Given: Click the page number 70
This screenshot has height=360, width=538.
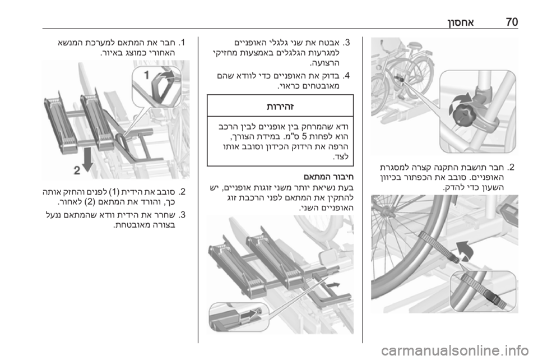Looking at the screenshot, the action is [x=512, y=22].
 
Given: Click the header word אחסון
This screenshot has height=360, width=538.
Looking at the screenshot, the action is [x=461, y=22].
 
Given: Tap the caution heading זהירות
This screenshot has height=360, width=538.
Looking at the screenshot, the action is [x=280, y=107].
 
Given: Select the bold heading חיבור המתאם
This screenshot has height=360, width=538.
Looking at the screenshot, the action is [x=328, y=177].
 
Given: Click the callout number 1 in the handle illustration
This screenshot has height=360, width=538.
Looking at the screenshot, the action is [x=147, y=75].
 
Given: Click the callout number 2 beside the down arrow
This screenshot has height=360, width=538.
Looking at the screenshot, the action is [x=77, y=170].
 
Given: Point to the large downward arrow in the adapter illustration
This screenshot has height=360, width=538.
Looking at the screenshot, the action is [x=88, y=160].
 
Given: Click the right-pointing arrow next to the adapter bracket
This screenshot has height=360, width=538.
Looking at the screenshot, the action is [x=333, y=285].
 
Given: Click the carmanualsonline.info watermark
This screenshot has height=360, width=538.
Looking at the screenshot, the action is [x=454, y=350].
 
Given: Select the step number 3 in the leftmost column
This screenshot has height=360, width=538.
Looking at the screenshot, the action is [x=183, y=215].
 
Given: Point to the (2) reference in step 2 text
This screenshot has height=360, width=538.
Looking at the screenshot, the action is [x=89, y=202].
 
